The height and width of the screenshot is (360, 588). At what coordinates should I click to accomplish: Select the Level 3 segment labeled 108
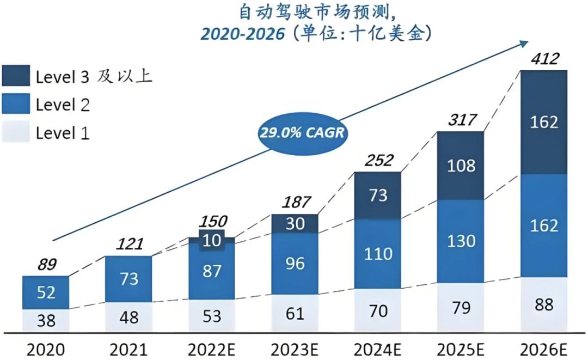pos(461,166)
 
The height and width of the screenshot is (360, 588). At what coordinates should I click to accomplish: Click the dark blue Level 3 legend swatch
pos(16,76)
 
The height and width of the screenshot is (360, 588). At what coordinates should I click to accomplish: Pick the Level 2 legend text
pos(63,105)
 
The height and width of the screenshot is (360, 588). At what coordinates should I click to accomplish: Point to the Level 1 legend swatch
pos(16,132)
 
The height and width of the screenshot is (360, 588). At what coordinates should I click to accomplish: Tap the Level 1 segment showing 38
pos(46,321)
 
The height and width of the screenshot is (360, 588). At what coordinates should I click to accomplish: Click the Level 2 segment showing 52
pos(46,292)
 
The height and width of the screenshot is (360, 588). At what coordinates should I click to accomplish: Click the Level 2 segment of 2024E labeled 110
pos(377,253)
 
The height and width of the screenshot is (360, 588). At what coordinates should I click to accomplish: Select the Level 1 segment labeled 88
pos(544,305)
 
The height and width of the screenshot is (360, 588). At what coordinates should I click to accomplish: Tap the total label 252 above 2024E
pos(377,161)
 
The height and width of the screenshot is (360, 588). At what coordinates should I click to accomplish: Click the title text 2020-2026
pos(242,34)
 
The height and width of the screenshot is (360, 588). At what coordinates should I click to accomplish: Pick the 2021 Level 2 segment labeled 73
pos(128,279)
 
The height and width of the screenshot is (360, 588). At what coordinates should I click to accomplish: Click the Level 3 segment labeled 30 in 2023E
pos(295,223)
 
